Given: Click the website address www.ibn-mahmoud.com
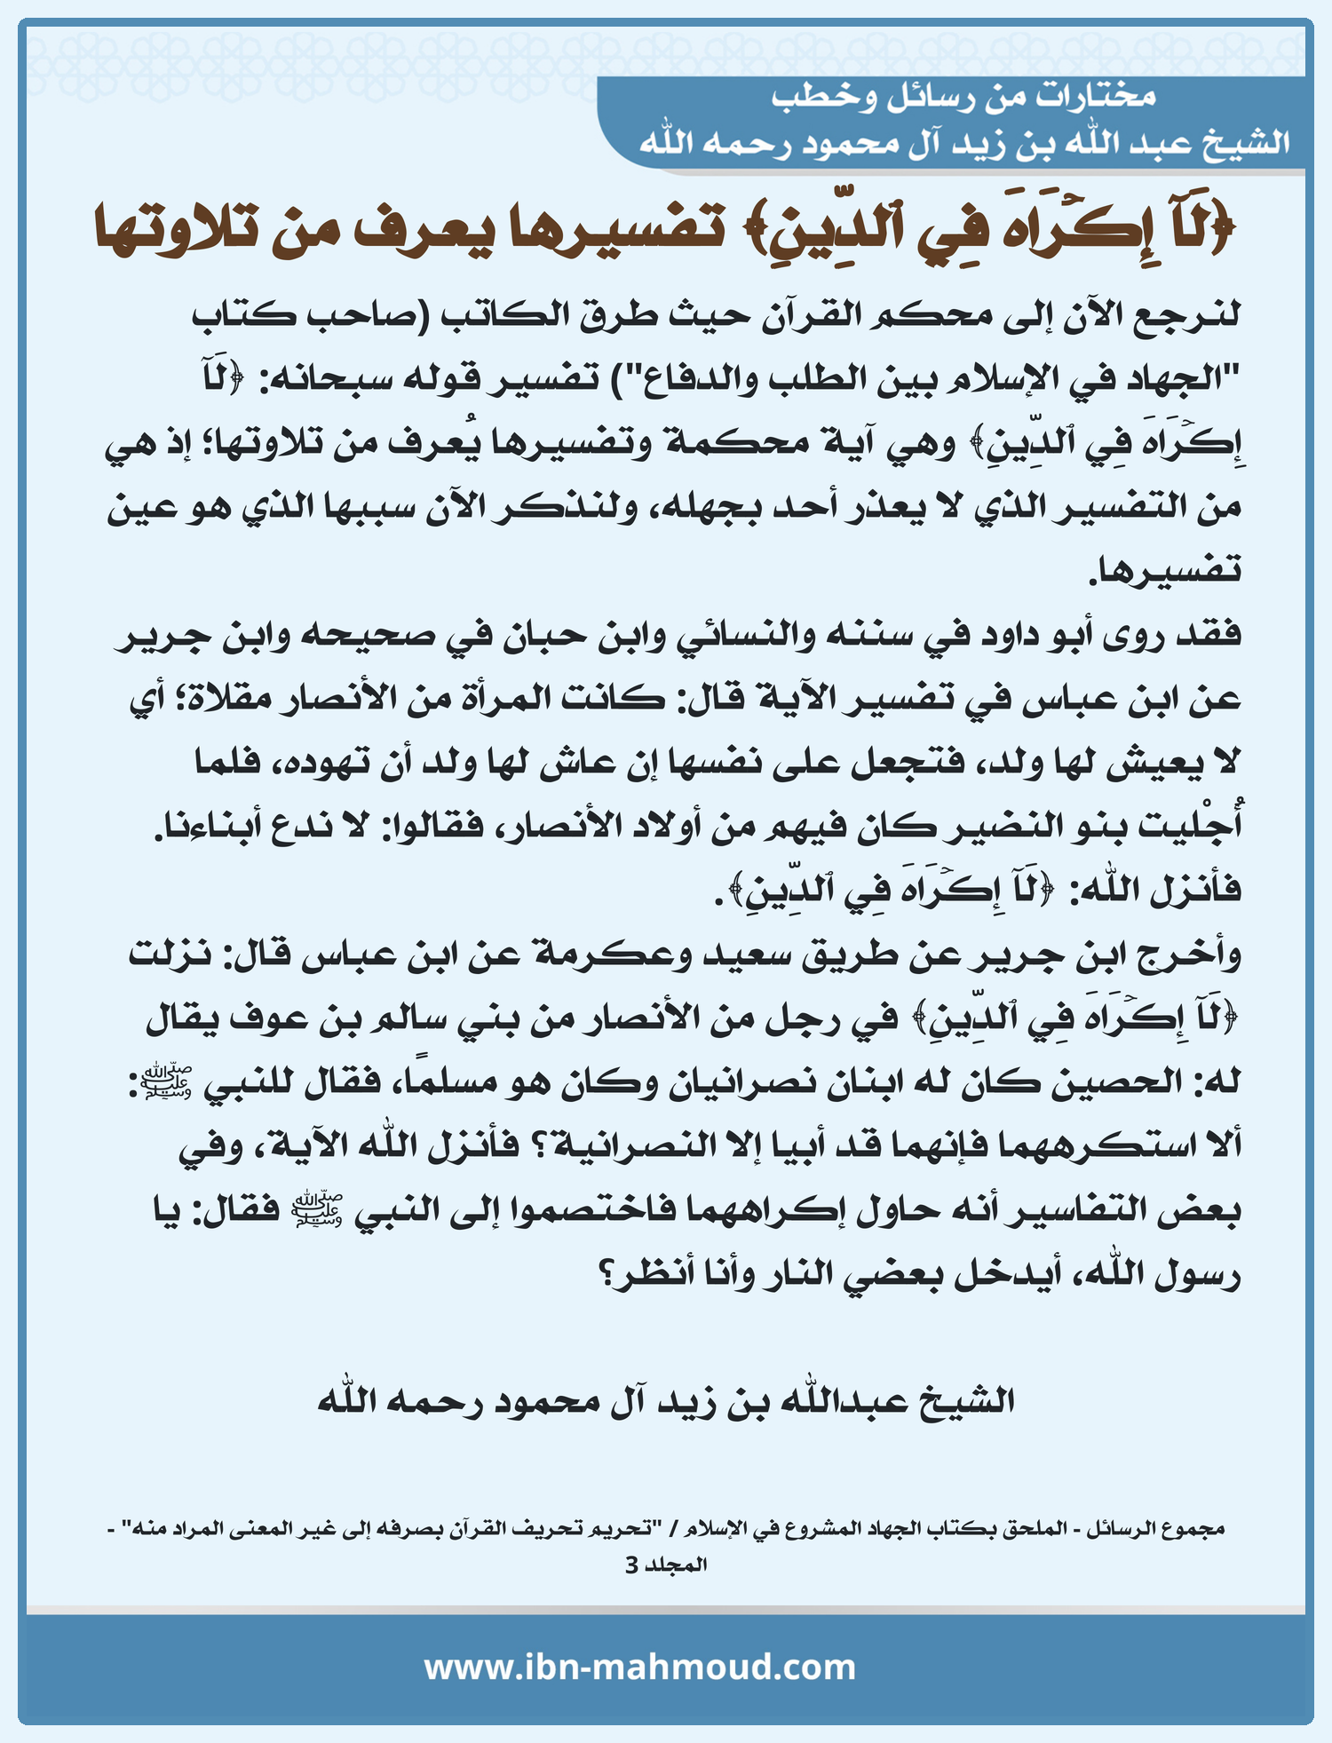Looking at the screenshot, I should tap(639, 1667).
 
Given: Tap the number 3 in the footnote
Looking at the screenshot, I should tap(631, 1565).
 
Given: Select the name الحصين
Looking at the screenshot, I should tap(1115, 1082).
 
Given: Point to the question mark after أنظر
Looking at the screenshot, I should tap(609, 1275).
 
